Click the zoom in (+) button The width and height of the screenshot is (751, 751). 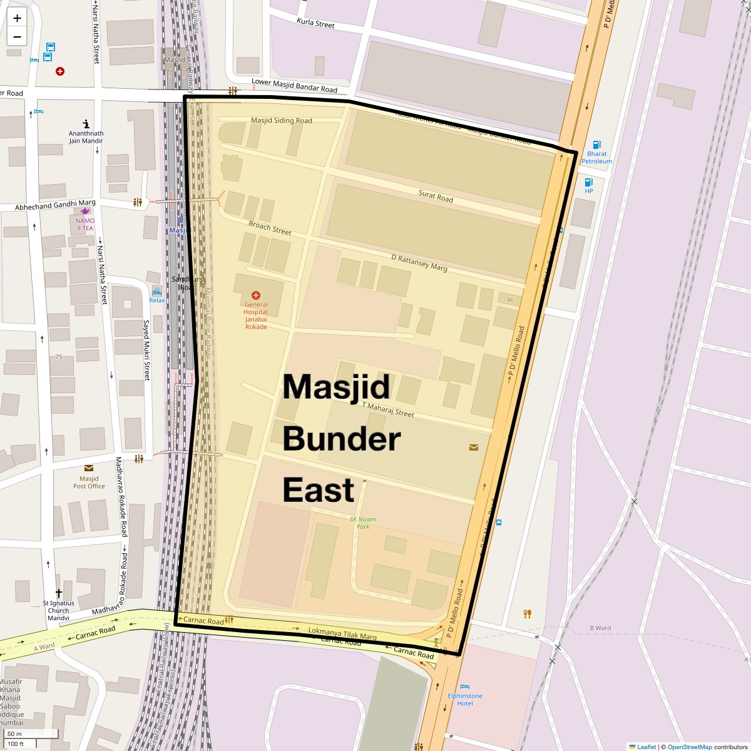point(17,18)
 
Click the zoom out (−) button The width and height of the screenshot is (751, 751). point(17,37)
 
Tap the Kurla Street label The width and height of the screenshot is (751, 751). point(315,23)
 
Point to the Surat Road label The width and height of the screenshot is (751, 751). point(436,197)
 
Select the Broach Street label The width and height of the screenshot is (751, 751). point(270,228)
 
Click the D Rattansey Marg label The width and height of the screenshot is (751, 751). point(419,262)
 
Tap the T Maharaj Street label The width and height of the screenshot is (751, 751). point(388,409)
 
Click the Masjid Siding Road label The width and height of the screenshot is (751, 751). point(281,120)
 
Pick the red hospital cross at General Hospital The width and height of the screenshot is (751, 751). point(255,295)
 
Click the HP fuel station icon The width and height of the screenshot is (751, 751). point(588,182)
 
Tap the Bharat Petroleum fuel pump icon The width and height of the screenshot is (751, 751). point(596,145)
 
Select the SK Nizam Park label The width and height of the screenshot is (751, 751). point(363,523)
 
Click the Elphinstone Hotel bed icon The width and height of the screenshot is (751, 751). point(464,687)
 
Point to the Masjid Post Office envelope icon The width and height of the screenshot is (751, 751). point(88,468)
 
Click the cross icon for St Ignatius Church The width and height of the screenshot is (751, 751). point(58,592)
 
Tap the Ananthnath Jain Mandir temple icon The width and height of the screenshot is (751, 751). point(86,124)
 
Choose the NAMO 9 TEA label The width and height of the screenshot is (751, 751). point(85,224)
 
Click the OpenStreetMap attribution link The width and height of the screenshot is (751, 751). point(689,747)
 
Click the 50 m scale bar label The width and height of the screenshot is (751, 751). point(15,733)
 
